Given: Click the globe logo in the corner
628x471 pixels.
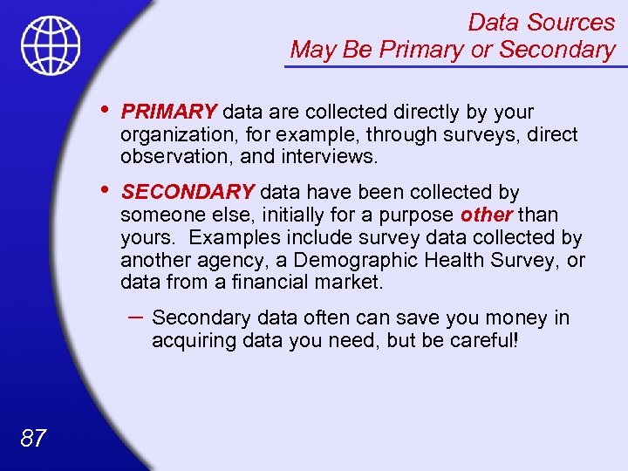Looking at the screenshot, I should coord(51,45).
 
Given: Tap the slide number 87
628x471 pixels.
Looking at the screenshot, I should coord(33,437).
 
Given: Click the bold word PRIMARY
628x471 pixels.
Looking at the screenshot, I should coord(169,112).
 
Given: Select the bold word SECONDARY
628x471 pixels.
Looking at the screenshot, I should coord(188,192).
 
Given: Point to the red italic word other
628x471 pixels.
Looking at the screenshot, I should coord(487,215).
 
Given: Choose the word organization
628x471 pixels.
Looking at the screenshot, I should coord(174,135).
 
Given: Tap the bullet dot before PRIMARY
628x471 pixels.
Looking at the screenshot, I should coord(105,111).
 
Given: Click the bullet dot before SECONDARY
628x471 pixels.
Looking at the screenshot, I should coord(105,191).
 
